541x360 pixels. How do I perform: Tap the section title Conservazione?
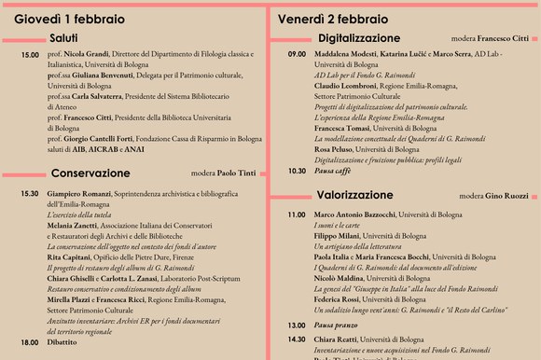click(x=90, y=173)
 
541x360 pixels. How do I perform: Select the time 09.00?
click(x=297, y=56)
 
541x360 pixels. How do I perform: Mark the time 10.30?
click(x=297, y=172)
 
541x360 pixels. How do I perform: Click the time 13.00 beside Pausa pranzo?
click(x=297, y=325)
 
